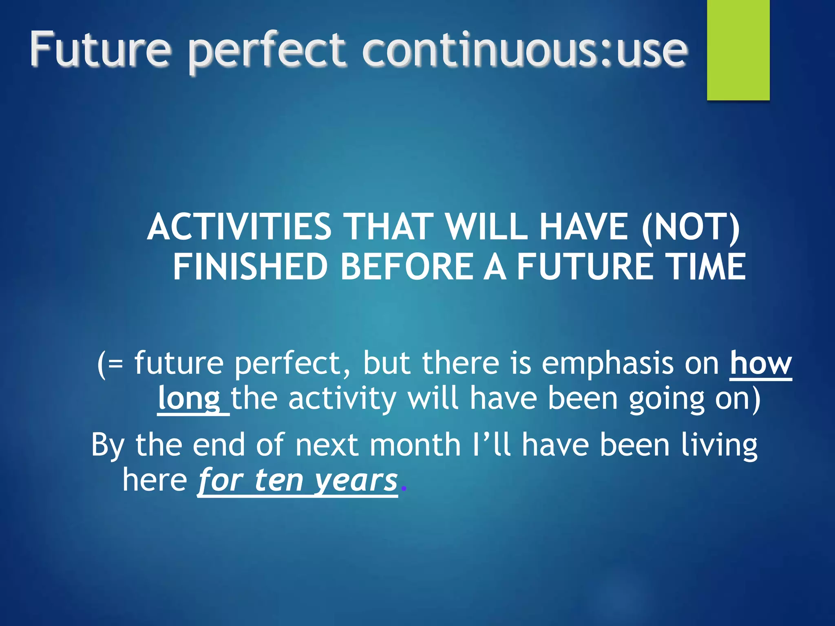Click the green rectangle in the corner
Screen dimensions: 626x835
738,50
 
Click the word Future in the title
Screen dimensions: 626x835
100,50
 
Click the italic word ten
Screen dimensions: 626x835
279,481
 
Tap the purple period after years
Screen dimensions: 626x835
404,488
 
